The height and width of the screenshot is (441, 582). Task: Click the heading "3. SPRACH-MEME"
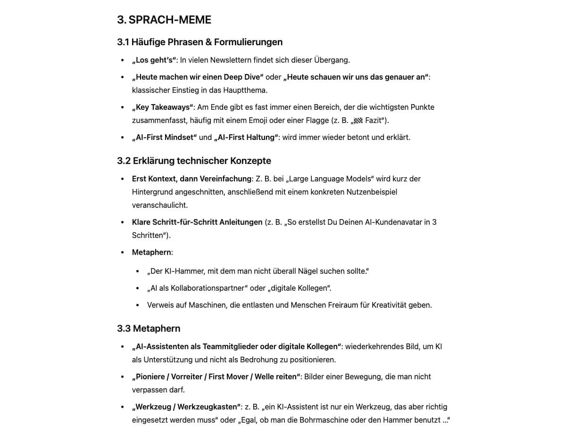pyautogui.click(x=164, y=20)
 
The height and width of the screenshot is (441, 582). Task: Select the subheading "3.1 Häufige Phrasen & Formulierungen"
pyautogui.click(x=200, y=42)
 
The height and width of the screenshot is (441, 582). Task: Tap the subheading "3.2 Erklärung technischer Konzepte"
pyautogui.click(x=194, y=161)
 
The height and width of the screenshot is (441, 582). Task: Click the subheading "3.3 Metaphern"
pyautogui.click(x=149, y=328)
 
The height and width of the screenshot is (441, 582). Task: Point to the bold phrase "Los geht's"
pyautogui.click(x=154, y=60)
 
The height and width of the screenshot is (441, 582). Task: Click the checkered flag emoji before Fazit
pyautogui.click(x=358, y=121)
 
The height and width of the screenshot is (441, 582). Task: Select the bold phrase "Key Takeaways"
pyautogui.click(x=163, y=107)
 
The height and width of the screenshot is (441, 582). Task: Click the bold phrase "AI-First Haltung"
pyautogui.click(x=246, y=137)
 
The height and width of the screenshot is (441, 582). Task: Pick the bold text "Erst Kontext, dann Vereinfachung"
pyautogui.click(x=191, y=179)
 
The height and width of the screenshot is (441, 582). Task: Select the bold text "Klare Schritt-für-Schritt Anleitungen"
pyautogui.click(x=197, y=222)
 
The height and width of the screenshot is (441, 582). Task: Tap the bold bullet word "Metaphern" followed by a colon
pyautogui.click(x=151, y=252)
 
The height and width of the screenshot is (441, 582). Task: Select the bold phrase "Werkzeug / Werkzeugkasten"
pyautogui.click(x=186, y=407)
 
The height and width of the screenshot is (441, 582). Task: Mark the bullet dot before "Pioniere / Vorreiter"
pyautogui.click(x=123, y=377)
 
